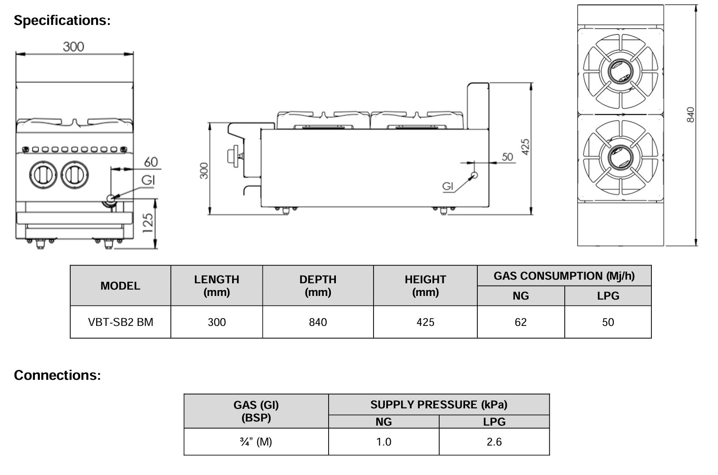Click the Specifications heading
pyautogui.click(x=62, y=20)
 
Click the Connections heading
pyautogui.click(x=57, y=375)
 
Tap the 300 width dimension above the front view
pyautogui.click(x=73, y=47)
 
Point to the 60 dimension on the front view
pyautogui.click(x=151, y=162)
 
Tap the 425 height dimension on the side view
pyautogui.click(x=526, y=147)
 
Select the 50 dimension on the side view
pyautogui.click(x=507, y=157)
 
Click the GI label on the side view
pyautogui.click(x=447, y=186)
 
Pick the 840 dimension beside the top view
pyautogui.click(x=691, y=114)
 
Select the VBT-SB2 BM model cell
pyautogui.click(x=121, y=322)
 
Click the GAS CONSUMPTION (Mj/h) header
pyautogui.click(x=564, y=276)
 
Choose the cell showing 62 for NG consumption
pyautogui.click(x=521, y=322)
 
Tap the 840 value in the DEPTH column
pyautogui.click(x=318, y=322)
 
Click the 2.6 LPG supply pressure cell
pyautogui.click(x=494, y=442)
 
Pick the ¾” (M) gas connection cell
pyautogui.click(x=256, y=442)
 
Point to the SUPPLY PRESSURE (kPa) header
pyautogui.click(x=439, y=405)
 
